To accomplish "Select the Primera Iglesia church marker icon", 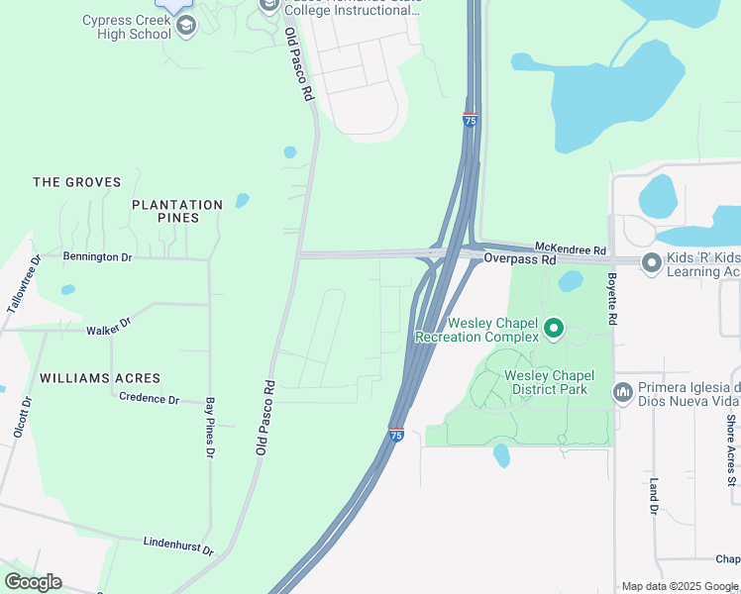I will click(623, 393).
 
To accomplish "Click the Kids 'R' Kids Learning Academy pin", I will click(651, 262).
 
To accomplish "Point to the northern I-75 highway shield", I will click(471, 120).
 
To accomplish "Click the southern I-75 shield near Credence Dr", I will click(396, 435).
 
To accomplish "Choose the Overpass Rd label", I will click(520, 259).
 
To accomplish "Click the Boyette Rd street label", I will click(612, 301).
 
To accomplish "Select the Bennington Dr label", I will click(97, 256).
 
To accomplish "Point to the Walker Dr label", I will click(109, 326).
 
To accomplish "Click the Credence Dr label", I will click(149, 399).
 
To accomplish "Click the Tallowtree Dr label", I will click(24, 284).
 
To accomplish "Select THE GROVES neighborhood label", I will click(76, 182).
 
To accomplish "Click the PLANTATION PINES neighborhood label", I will click(177, 211).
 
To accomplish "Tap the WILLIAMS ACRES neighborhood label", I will click(100, 378).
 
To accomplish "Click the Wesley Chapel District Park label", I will click(546, 382).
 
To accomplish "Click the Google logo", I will click(33, 582).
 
